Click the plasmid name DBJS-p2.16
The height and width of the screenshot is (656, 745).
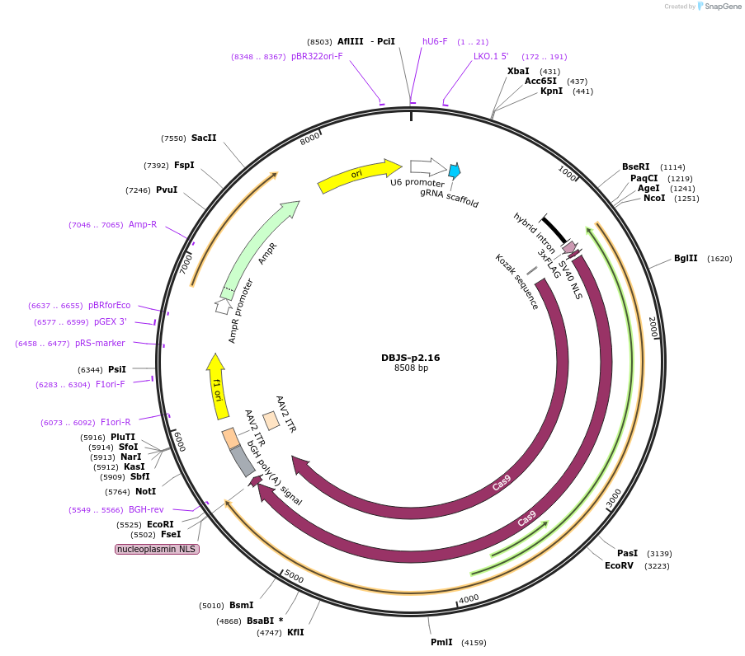410,358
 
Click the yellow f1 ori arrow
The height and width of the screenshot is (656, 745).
216,383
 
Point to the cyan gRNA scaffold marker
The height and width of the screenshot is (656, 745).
454,171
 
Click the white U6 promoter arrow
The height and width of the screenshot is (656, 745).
427,166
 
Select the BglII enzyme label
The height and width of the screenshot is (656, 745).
686,258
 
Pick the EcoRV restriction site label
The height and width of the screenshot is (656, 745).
619,565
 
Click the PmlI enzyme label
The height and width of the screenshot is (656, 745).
441,642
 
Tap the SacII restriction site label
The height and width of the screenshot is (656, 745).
204,138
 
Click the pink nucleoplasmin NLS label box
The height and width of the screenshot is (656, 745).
157,548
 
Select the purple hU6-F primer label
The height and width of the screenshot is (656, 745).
435,41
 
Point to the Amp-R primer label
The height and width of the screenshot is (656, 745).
143,224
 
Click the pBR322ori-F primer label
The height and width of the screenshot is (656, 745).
317,56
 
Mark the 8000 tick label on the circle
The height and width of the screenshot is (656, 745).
309,138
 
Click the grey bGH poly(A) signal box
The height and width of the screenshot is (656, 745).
243,461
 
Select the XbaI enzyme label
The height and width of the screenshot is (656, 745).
518,71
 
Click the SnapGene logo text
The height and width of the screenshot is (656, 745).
719,7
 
